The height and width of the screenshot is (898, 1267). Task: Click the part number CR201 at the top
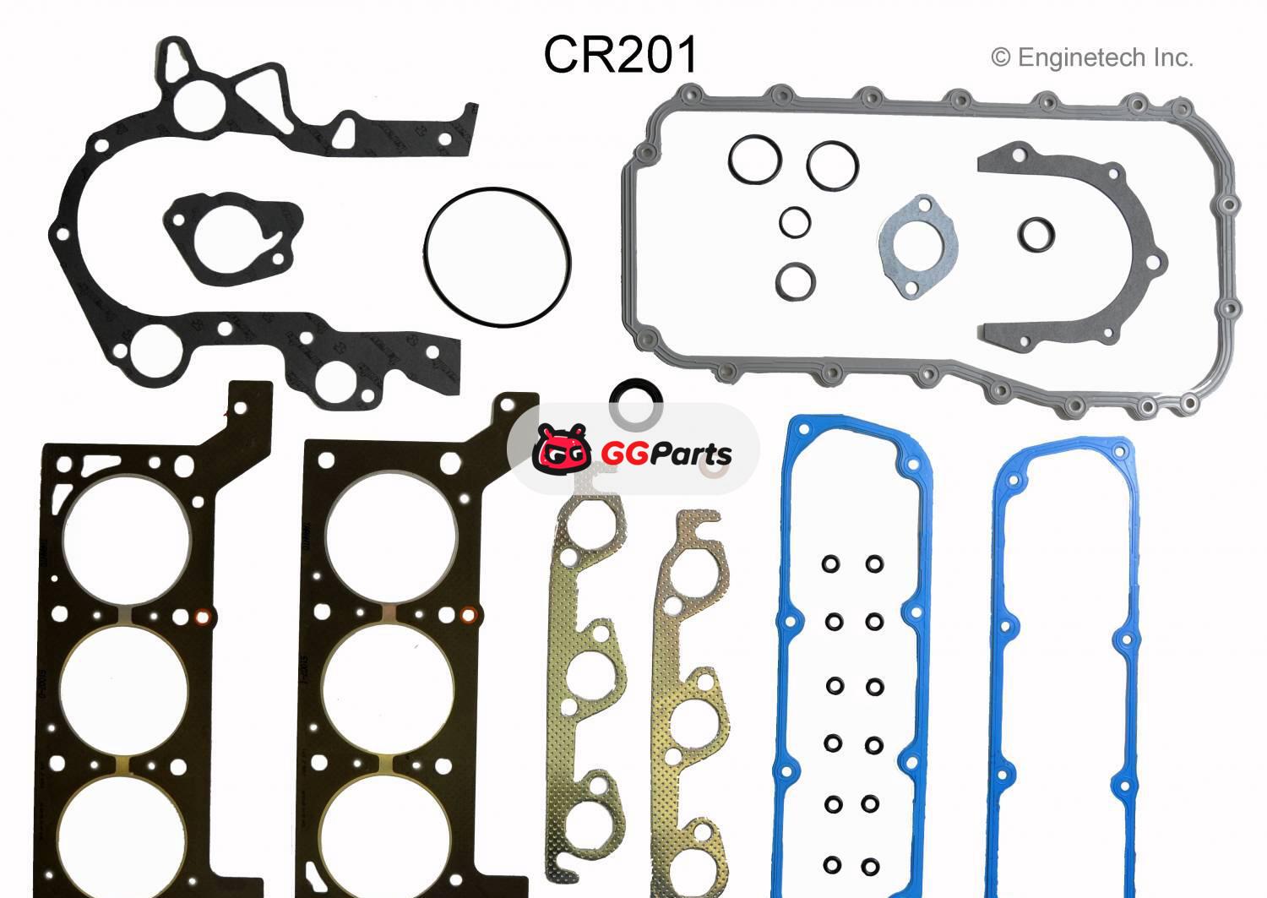[621, 55]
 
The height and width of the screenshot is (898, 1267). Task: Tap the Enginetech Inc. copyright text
[1091, 57]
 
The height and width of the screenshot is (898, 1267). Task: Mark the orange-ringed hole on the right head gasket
[465, 616]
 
